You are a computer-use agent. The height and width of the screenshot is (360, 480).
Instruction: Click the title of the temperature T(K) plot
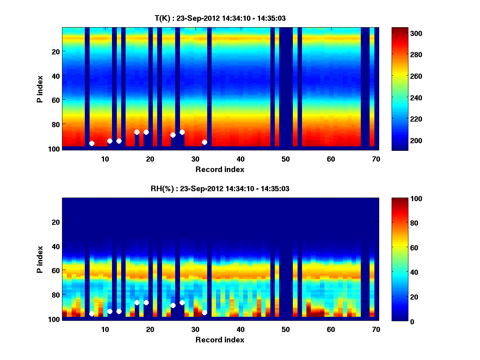(220, 18)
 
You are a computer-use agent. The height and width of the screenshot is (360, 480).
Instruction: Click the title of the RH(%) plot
(220, 189)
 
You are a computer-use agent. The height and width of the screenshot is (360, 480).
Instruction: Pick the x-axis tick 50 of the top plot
(286, 158)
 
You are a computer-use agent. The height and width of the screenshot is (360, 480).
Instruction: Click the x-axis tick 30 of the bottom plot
(195, 329)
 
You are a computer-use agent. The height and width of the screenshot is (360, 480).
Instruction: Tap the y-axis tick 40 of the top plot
(56, 76)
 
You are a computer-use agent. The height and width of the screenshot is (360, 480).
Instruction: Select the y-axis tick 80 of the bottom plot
(56, 295)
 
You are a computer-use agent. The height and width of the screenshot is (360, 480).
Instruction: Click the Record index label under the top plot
(220, 169)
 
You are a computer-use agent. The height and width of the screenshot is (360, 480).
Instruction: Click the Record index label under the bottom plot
(220, 340)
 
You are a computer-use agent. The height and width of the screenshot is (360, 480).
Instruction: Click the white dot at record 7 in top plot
(92, 143)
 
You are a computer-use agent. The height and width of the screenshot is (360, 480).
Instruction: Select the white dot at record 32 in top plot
(204, 142)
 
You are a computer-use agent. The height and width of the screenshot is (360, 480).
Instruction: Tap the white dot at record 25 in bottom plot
(173, 305)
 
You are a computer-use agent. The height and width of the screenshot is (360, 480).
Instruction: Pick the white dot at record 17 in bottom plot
(137, 302)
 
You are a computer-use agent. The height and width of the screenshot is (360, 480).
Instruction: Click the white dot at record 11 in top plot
(110, 141)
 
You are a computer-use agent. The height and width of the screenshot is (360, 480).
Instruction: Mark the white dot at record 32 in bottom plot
(204, 312)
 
